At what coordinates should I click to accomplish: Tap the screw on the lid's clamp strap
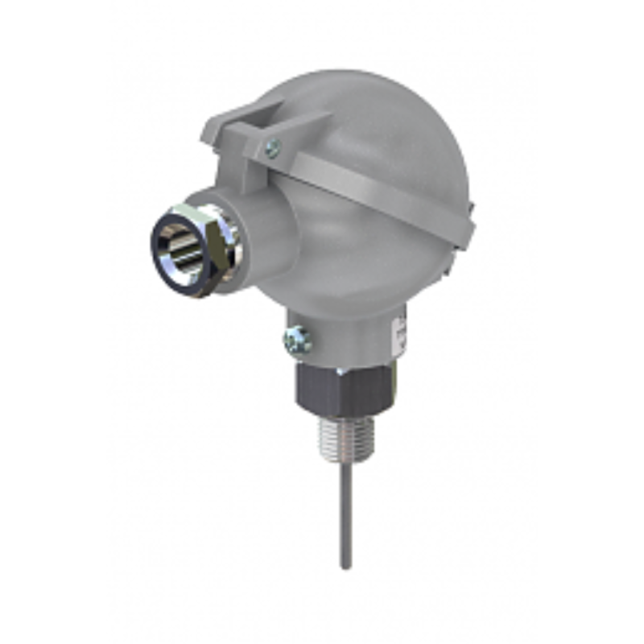pyautogui.click(x=273, y=147)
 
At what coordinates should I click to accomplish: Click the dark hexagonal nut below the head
pyautogui.click(x=338, y=390)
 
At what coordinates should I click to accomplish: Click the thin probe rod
pyautogui.click(x=346, y=515)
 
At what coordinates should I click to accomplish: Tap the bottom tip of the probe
pyautogui.click(x=346, y=567)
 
